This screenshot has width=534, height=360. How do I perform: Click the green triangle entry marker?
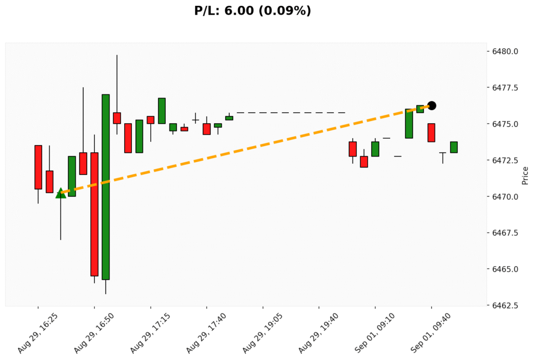[x=60, y=193]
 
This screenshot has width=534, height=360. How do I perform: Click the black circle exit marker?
[x=432, y=105]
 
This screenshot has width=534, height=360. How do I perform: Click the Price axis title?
[x=525, y=176]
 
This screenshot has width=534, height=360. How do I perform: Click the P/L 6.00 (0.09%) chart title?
[x=252, y=10]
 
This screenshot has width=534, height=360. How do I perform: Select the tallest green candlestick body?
[x=105, y=187]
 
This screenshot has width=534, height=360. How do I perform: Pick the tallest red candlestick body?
[x=94, y=214]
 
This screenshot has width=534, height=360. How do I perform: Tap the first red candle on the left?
[x=38, y=167]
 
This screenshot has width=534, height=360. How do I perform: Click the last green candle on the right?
[x=454, y=147]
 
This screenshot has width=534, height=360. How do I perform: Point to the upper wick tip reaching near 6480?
[x=117, y=55]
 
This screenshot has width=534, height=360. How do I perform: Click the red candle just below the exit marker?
[x=431, y=133]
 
